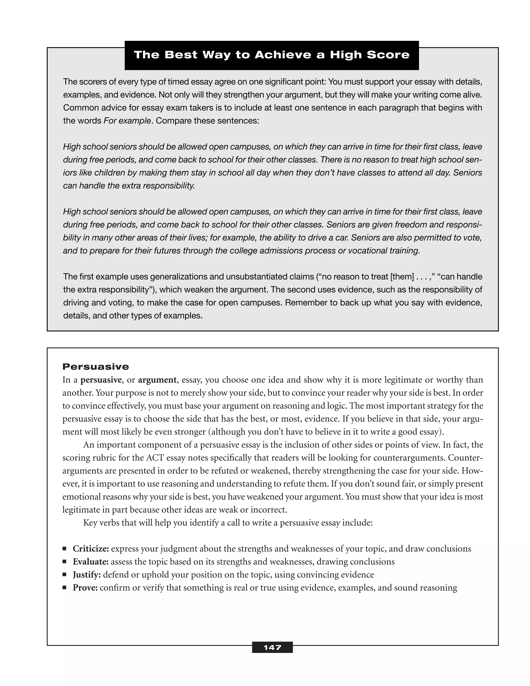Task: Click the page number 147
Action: click(x=272, y=647)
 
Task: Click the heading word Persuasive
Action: click(x=96, y=367)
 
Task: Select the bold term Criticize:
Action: click(x=91, y=549)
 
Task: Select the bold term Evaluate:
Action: click(x=90, y=562)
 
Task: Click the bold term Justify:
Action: click(x=87, y=575)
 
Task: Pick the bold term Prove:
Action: click(x=85, y=588)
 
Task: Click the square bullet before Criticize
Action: click(x=64, y=549)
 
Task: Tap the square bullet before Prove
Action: click(x=64, y=587)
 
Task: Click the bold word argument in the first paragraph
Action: click(x=157, y=380)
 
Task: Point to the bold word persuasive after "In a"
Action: click(x=101, y=380)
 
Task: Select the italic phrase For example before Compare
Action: click(x=127, y=121)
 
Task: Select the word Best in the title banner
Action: click(x=181, y=55)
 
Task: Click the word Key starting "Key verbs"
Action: click(x=90, y=523)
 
